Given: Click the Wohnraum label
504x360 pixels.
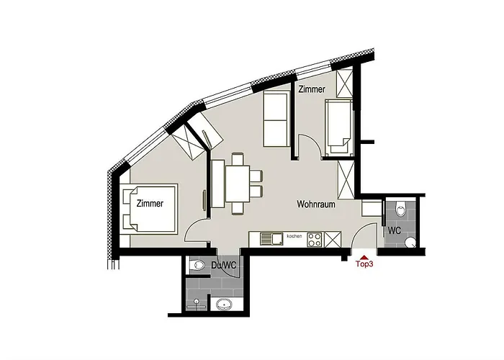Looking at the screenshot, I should [x=317, y=204].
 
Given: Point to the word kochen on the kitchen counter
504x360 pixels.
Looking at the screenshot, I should [x=294, y=236].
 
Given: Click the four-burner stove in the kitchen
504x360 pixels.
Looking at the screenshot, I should [x=315, y=238].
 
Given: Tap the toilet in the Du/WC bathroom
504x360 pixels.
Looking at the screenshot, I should [x=197, y=266].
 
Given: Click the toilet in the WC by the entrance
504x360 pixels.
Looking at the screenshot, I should [x=402, y=209].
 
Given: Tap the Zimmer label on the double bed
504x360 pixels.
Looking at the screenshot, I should [x=150, y=204].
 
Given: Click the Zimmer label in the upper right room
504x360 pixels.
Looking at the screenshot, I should [x=312, y=89].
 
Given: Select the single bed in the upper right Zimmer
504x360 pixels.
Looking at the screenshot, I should [x=338, y=127].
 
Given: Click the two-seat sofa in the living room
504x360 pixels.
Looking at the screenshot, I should [x=275, y=120].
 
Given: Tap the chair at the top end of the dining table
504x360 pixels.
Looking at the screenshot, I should [x=238, y=159].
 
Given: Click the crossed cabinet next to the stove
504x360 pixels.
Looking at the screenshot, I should [x=332, y=238].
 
